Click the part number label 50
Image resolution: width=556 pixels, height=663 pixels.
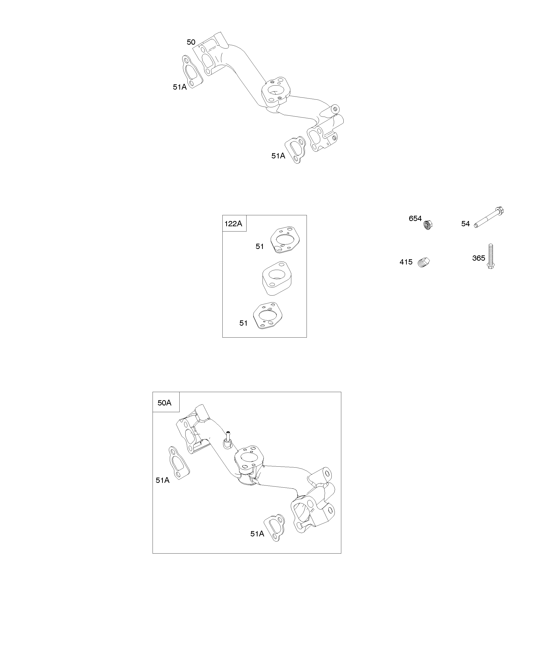(191, 42)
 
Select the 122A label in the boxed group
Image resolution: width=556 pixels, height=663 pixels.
(233, 224)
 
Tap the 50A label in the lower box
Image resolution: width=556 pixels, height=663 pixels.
(164, 403)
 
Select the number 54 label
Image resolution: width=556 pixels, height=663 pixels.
(465, 224)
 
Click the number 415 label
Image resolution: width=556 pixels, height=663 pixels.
(406, 262)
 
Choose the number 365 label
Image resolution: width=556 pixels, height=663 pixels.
(479, 258)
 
